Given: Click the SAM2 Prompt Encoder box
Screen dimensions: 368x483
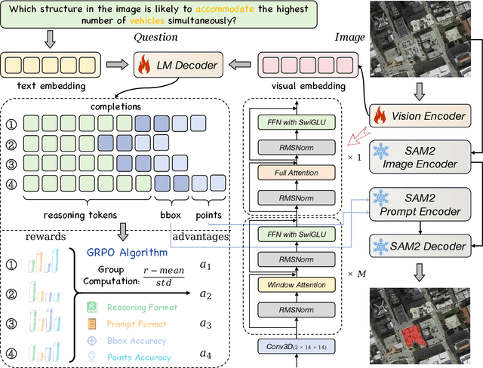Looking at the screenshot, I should [x=419, y=199].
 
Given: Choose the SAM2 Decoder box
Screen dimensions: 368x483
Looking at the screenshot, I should [x=419, y=245].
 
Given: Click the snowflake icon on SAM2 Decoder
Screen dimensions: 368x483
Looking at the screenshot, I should [x=382, y=245].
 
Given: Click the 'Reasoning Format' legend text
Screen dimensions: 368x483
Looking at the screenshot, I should [x=142, y=306].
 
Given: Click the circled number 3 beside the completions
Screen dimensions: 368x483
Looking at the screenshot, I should [x=12, y=162].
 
